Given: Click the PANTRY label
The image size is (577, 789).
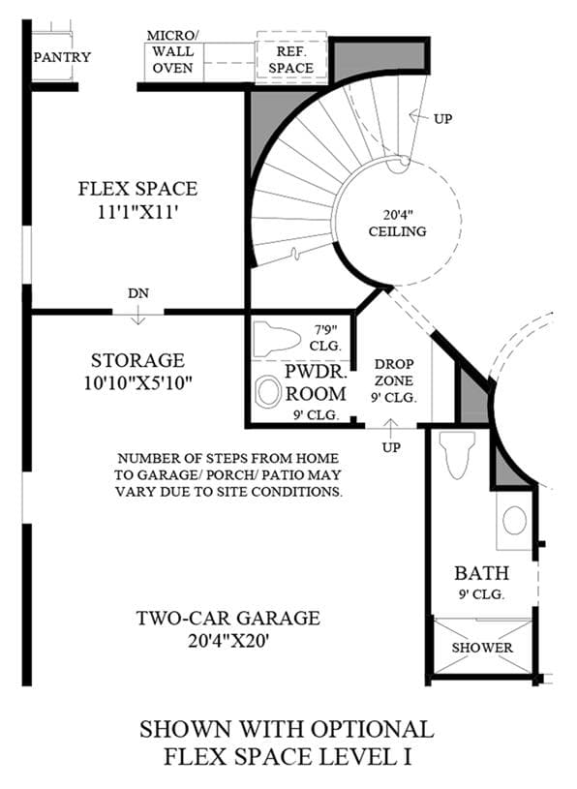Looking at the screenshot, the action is tap(62, 57).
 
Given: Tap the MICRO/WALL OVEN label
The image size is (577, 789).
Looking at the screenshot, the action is tap(172, 51).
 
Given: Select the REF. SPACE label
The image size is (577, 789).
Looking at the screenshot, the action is tap(290, 59).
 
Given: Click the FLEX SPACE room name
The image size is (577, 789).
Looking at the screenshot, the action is tap(137, 189).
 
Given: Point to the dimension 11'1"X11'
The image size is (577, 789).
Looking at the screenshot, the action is tap(137, 212).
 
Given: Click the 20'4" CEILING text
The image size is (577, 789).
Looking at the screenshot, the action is tap(397, 223).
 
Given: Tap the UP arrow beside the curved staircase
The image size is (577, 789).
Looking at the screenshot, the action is tap(418, 117).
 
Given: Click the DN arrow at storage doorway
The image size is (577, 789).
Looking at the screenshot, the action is tap(137, 316).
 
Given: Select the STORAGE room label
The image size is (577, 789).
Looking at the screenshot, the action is tap(137, 360).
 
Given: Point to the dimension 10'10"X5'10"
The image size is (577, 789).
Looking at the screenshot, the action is tap(137, 383).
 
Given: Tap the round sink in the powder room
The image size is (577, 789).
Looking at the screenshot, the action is tap(268, 392).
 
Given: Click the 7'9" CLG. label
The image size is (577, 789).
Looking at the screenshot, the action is tap(325, 338).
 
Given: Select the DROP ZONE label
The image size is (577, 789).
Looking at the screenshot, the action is tap(394, 372).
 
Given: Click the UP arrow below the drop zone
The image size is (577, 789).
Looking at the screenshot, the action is tap(390, 428).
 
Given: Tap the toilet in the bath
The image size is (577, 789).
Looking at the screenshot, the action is tap(457, 454).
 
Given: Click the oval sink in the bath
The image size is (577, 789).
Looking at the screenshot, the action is tap(514, 520).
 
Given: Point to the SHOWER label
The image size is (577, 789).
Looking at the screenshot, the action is tap(482, 647).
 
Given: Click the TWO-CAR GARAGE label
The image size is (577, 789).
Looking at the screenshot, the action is tap(228, 618).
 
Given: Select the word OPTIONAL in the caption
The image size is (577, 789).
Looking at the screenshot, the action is tap(372, 729).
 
